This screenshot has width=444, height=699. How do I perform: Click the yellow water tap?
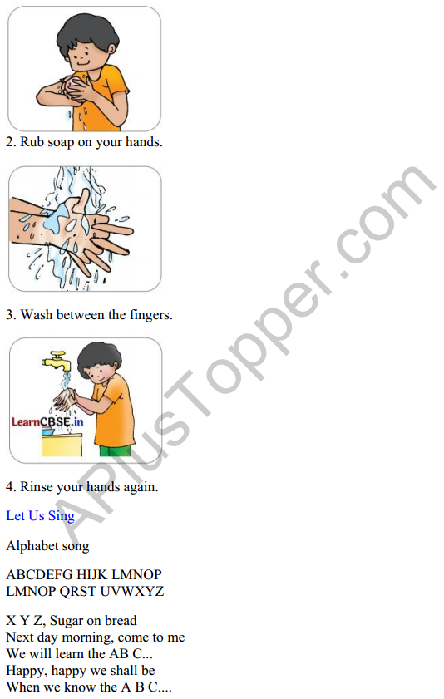tap(54, 361)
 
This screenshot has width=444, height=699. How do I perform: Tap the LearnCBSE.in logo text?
tap(47, 421)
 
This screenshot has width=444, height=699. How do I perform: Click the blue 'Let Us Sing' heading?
tap(40, 515)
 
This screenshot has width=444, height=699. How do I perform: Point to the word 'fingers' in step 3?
tap(150, 315)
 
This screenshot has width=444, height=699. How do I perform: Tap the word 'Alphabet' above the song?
tap(32, 546)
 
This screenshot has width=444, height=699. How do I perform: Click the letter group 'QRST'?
tap(78, 591)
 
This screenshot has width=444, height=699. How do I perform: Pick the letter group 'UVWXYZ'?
tap(131, 591)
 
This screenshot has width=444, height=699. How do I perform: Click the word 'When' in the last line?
tap(23, 687)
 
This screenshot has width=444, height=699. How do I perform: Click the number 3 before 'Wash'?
tap(10, 315)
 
